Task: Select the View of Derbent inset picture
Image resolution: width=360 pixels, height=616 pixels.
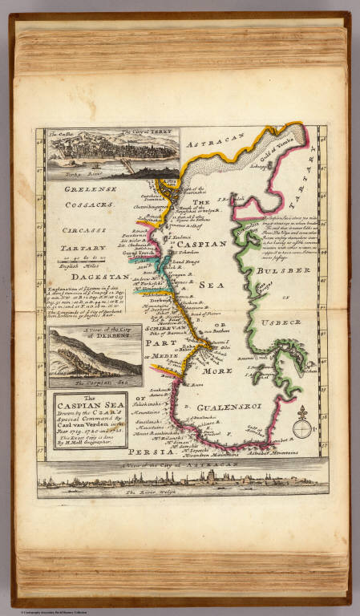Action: click(94, 351)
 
